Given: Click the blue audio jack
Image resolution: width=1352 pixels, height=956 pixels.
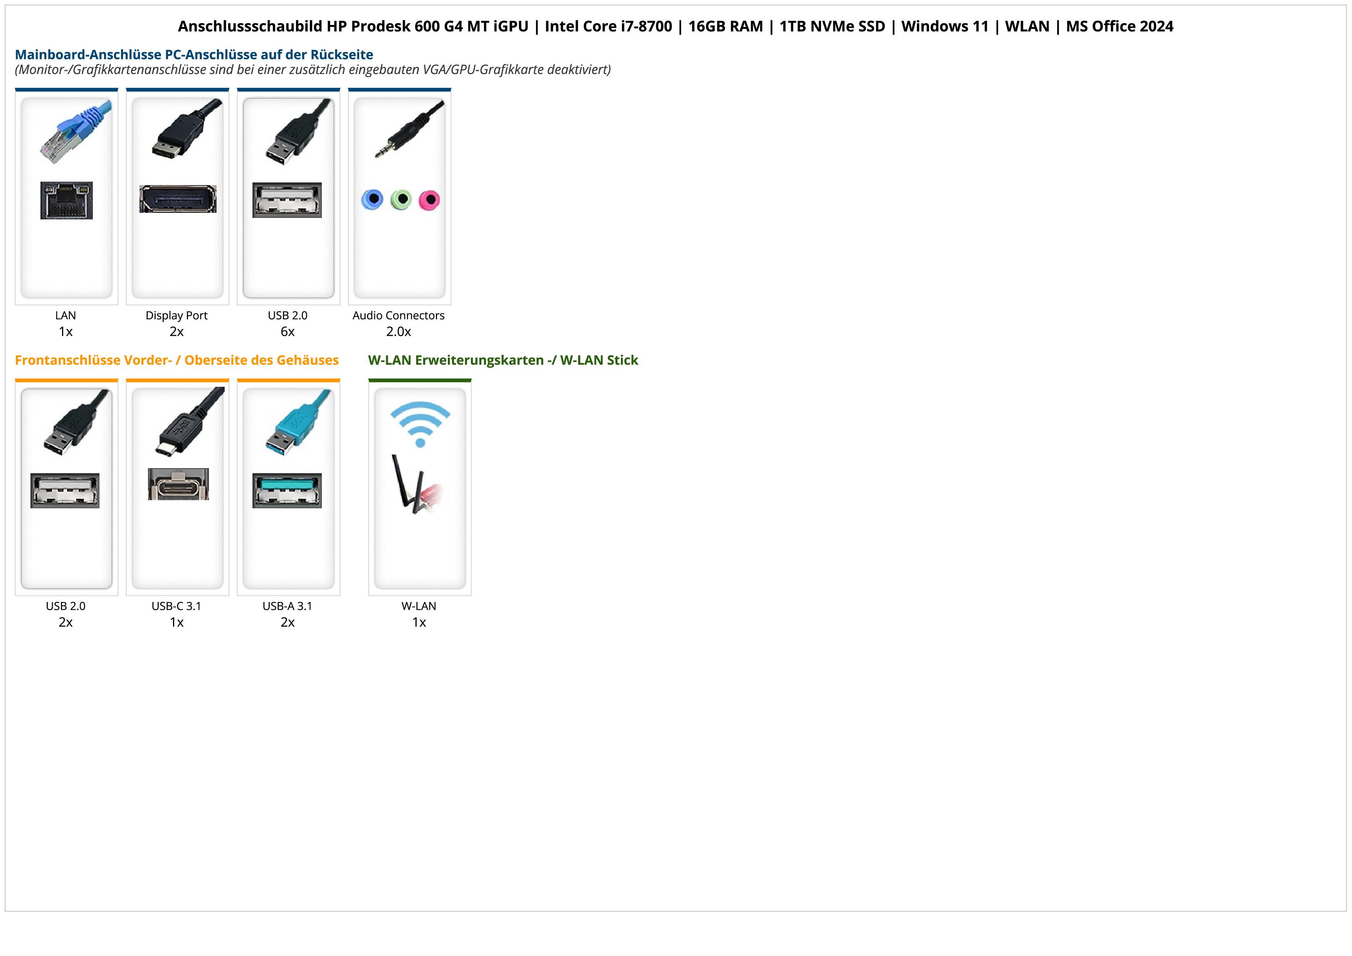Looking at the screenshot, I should pyautogui.click(x=372, y=200).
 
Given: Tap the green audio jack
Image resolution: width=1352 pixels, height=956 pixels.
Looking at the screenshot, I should pyautogui.click(x=401, y=200).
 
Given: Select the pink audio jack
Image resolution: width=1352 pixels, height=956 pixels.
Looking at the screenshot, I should pyautogui.click(x=429, y=200).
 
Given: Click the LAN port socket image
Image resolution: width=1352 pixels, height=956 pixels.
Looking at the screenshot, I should pyautogui.click(x=67, y=200).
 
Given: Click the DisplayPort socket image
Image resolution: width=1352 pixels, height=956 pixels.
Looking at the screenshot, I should pyautogui.click(x=177, y=199).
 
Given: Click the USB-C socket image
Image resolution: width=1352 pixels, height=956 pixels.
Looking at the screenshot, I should pyautogui.click(x=178, y=484).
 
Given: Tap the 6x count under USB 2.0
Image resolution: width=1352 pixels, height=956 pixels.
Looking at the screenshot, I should pyautogui.click(x=288, y=332).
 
